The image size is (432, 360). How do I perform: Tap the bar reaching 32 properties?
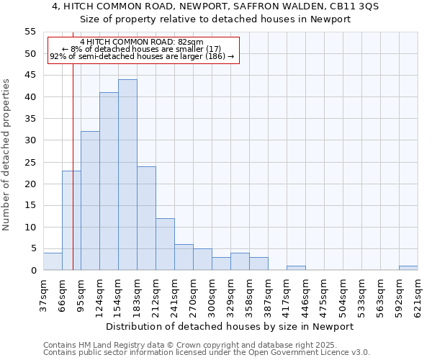pyautogui.click(x=90, y=201)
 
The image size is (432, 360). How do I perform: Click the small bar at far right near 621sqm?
pyautogui.click(x=408, y=268)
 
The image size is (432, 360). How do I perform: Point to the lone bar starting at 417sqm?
pyautogui.click(x=296, y=268)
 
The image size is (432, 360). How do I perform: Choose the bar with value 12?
pyautogui.click(x=165, y=244)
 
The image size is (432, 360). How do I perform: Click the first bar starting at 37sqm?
pyautogui.click(x=53, y=261)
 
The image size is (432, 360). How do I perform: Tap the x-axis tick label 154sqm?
pyautogui.click(x=118, y=295)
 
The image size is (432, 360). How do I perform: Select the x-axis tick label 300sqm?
pyautogui.click(x=212, y=295)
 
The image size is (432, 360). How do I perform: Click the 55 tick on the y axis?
pyautogui.click(x=30, y=32)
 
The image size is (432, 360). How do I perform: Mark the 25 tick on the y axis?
pyautogui.click(x=30, y=162)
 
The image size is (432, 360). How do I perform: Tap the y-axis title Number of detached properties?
pyautogui.click(x=6, y=155)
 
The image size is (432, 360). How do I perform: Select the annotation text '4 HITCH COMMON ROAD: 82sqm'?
pyautogui.click(x=142, y=42)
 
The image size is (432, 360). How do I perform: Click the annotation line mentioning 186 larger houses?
pyautogui.click(x=142, y=56)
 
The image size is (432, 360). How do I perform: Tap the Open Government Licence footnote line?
pyautogui.click(x=206, y=353)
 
